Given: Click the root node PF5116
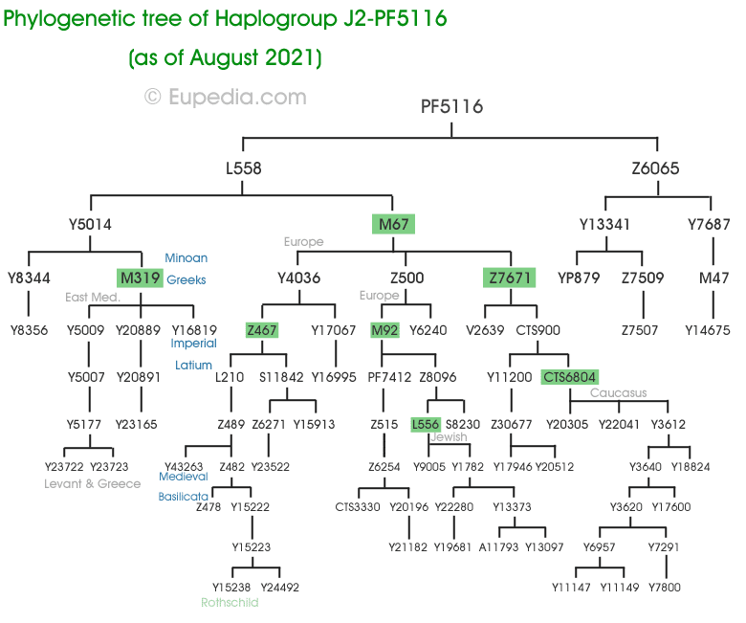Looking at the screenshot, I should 452,106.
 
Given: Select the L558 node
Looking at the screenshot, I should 244,168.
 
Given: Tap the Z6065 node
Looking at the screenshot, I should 655,168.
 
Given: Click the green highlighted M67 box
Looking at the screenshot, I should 393,224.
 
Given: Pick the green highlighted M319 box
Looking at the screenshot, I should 140,278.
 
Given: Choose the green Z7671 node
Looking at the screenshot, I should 510,278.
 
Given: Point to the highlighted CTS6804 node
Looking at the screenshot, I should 570,377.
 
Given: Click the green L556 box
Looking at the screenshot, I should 425,424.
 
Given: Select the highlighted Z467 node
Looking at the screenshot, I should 261,330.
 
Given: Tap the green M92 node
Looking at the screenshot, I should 384,330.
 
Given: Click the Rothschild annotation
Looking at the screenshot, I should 230,603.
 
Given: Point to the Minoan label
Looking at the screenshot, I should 186,258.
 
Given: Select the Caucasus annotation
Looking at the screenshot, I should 618,393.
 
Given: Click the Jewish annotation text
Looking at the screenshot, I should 449,437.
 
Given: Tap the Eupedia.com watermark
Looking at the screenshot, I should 226,97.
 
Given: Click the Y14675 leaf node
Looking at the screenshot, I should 708,330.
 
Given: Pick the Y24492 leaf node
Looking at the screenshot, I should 279,587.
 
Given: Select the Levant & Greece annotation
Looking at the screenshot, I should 93,483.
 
